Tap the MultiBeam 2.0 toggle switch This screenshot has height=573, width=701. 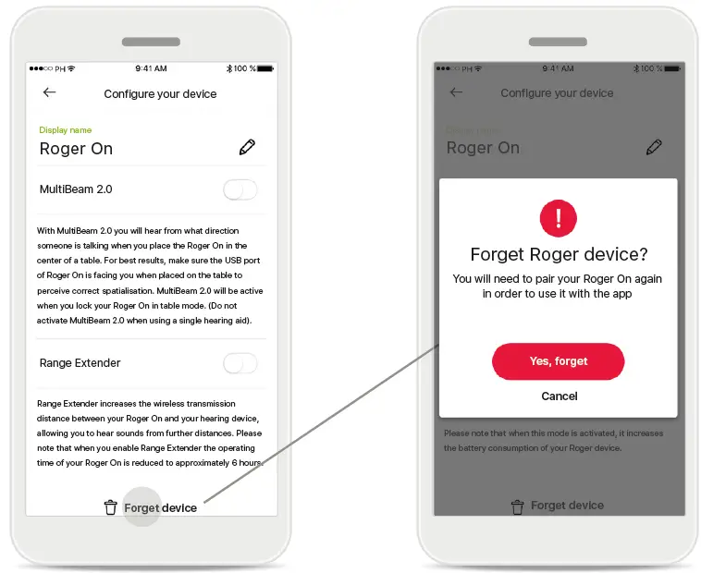click(240, 189)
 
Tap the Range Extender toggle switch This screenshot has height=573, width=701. click(240, 363)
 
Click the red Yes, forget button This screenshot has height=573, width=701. click(558, 361)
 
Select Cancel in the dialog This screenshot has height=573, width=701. click(559, 396)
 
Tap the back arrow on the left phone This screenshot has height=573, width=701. click(49, 92)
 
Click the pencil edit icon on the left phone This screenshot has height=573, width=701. click(247, 147)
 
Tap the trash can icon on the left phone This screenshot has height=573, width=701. click(110, 506)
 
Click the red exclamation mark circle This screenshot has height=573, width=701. click(558, 219)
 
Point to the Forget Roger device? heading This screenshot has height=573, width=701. click(558, 254)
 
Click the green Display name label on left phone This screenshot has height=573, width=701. click(65, 130)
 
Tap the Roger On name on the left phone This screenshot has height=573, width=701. click(76, 149)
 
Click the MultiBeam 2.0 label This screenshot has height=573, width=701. click(76, 189)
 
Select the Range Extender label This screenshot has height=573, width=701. click(80, 363)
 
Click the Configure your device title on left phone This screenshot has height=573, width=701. click(160, 94)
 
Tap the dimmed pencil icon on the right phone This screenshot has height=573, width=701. click(654, 147)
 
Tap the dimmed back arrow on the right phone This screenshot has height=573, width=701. click(455, 92)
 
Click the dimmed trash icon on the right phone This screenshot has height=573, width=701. click(517, 506)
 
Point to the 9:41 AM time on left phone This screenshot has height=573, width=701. click(151, 69)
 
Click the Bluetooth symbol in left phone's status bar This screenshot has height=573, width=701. click(228, 69)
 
